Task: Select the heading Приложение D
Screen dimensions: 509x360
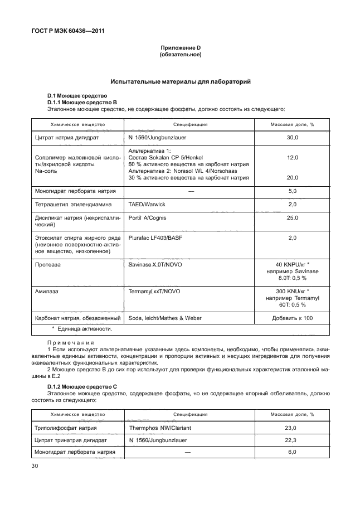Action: coord(180,49)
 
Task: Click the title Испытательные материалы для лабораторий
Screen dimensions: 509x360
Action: coord(180,82)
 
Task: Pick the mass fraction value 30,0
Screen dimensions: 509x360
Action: coord(292,137)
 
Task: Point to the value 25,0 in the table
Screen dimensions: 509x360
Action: coord(292,217)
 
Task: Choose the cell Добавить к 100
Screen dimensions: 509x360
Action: coord(292,318)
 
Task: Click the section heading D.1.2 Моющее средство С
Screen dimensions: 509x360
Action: coord(82,386)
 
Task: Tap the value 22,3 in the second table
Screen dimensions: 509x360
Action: coord(292,440)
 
